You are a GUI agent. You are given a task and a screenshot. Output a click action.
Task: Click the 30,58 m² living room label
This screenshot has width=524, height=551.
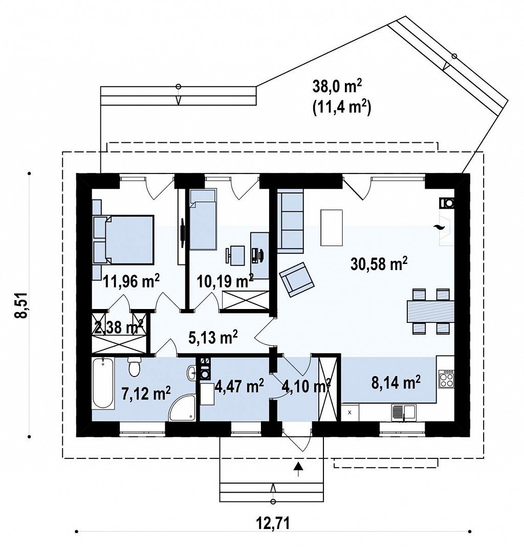[379, 263]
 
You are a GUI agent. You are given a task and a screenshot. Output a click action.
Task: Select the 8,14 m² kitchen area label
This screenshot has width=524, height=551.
[396, 382]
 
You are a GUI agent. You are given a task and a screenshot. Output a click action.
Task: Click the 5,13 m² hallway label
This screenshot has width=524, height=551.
[213, 337]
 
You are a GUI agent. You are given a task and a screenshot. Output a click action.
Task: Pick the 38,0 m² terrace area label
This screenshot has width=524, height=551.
[337, 86]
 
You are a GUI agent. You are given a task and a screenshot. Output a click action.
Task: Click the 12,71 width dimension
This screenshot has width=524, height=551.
[273, 523]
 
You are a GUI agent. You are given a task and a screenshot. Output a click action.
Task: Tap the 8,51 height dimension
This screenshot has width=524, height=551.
[21, 305]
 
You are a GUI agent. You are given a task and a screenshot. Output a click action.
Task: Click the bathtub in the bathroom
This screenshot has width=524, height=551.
[103, 383]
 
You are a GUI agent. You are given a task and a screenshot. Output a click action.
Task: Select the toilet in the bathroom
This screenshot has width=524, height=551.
[134, 366]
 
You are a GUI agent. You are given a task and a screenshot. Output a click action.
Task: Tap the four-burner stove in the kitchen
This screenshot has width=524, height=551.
[446, 379]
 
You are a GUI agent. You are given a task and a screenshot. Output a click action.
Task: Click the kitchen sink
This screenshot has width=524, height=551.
[404, 412]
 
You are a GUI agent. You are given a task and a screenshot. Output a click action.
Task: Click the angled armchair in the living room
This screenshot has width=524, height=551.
[297, 279]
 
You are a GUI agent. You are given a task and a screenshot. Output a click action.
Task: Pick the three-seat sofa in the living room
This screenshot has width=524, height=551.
[290, 221]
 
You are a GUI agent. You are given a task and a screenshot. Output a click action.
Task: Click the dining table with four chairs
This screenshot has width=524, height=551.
[430, 311]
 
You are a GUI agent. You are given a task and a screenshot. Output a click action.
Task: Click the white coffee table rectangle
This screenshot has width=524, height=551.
[332, 228]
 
